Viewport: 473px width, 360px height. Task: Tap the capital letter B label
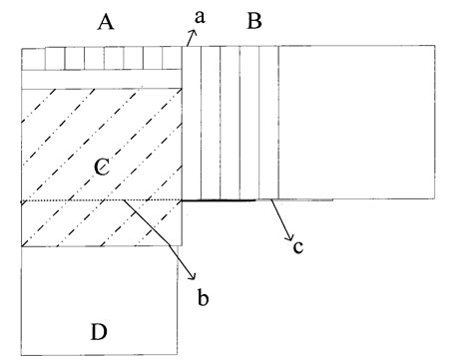tap(253, 22)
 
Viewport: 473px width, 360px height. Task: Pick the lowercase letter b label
tap(204, 296)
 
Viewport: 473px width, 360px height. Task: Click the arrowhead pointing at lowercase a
tap(190, 32)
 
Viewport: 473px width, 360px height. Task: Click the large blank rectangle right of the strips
tap(356, 123)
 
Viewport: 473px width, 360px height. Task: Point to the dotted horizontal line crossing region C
tap(80, 202)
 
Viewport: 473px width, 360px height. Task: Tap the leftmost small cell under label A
tap(32, 59)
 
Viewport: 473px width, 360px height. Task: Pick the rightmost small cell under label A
tap(173, 59)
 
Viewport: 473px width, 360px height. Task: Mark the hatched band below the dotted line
tap(100, 225)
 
